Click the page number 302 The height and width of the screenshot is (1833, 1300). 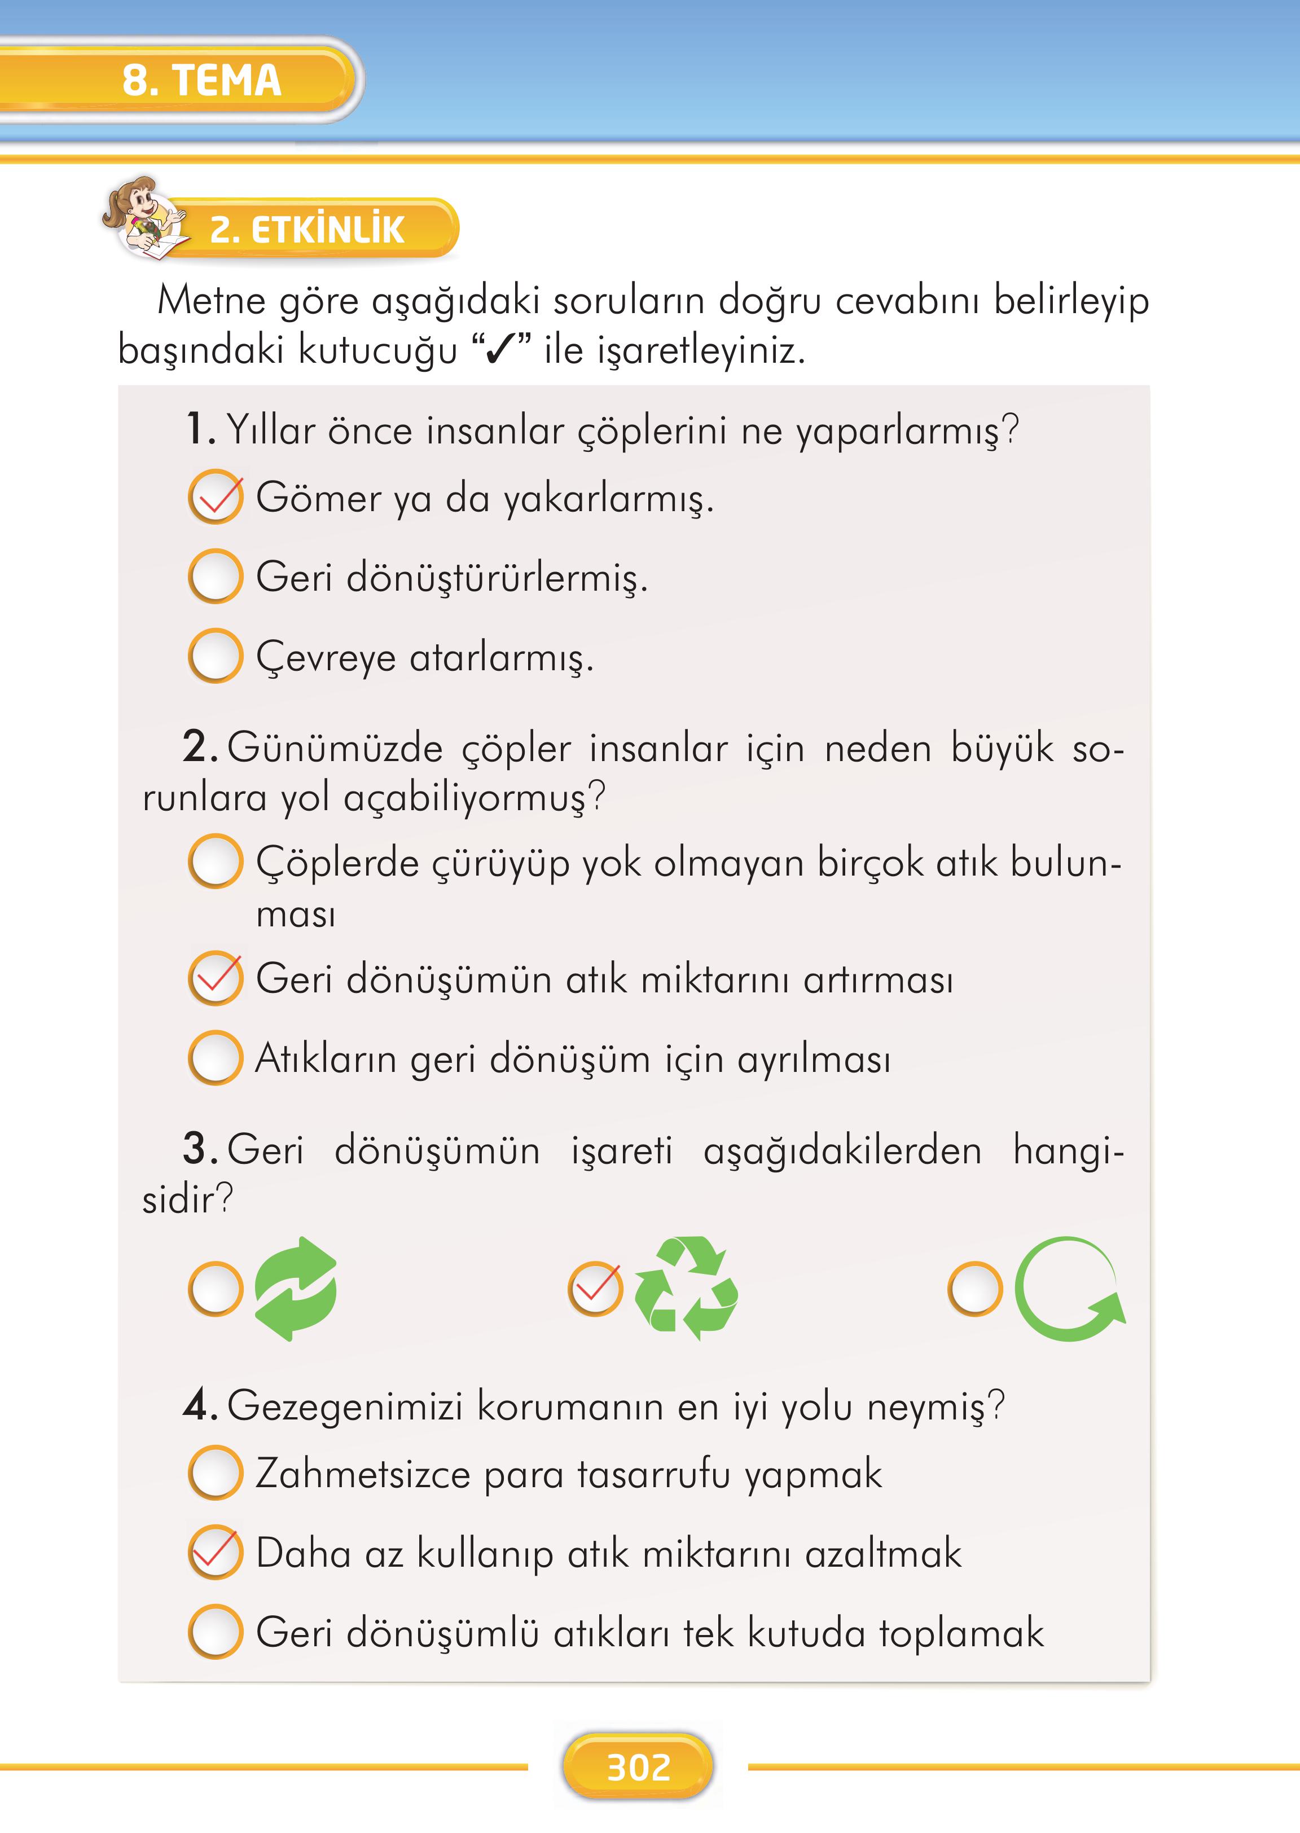click(x=638, y=1768)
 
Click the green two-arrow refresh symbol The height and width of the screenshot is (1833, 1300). click(x=296, y=1289)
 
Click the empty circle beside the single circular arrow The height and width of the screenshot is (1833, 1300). click(x=975, y=1289)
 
